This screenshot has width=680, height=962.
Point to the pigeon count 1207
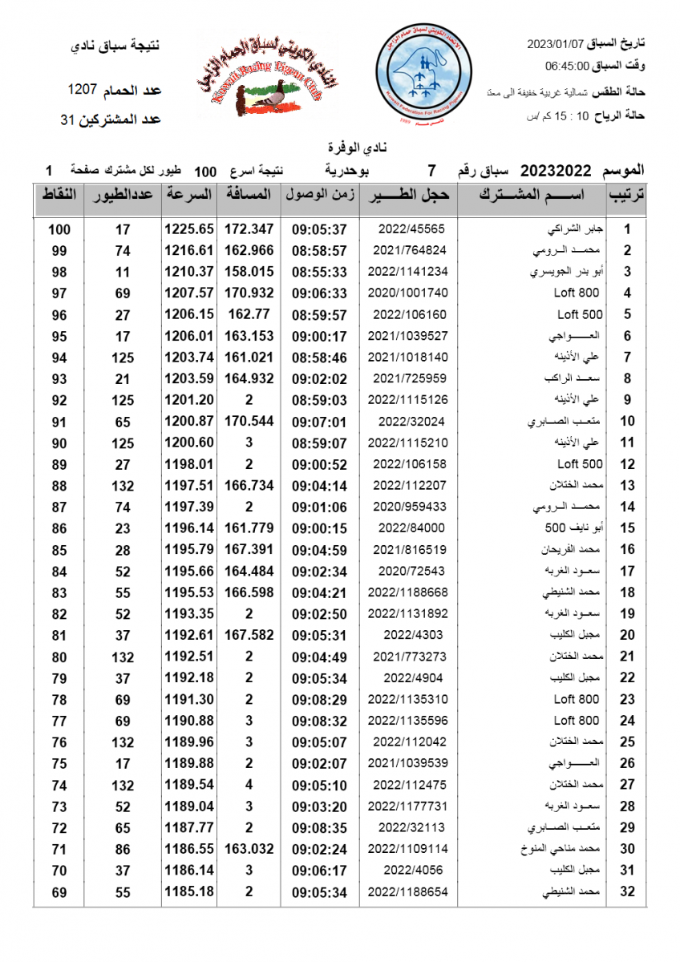click(x=83, y=88)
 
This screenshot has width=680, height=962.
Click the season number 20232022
click(x=556, y=170)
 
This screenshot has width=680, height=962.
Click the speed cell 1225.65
click(x=189, y=229)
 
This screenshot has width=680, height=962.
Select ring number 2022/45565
click(x=408, y=229)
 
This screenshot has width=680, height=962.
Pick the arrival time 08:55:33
click(x=319, y=273)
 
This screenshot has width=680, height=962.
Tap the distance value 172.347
click(x=249, y=229)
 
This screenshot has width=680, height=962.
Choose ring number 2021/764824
click(x=408, y=251)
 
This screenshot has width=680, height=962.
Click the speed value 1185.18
click(x=189, y=891)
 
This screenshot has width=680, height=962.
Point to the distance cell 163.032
click(x=249, y=848)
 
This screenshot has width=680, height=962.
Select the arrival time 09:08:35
click(x=319, y=827)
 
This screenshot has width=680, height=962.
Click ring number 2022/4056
click(x=408, y=870)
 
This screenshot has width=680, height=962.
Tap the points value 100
click(x=59, y=229)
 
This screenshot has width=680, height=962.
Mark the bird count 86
click(x=123, y=848)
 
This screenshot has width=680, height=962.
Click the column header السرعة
click(x=189, y=195)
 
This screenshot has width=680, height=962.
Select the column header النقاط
click(x=59, y=195)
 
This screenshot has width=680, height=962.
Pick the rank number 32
click(x=628, y=891)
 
